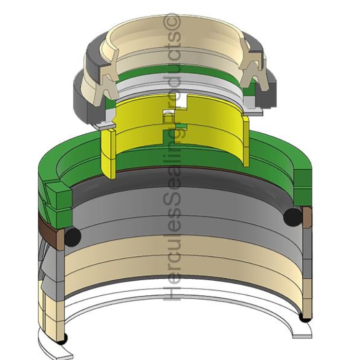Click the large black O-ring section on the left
(72, 237)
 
